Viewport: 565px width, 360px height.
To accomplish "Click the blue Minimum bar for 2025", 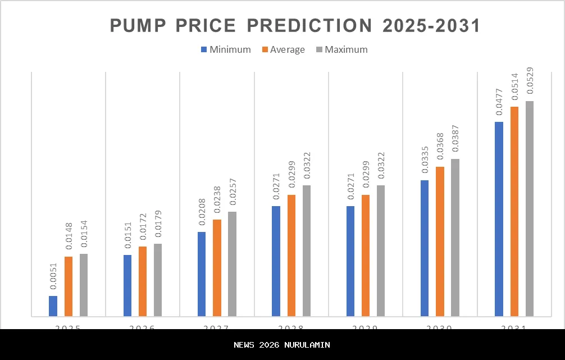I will tap(53, 306).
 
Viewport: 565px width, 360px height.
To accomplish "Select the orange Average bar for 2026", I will tap(143, 281).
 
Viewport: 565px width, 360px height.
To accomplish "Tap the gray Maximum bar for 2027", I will tap(232, 263).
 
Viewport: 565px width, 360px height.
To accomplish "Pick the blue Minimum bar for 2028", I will tap(276, 261).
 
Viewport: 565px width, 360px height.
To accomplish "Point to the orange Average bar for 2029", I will tap(366, 255).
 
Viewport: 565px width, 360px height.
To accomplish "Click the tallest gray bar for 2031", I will tap(529, 208).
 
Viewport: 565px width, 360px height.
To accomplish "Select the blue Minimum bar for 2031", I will tap(499, 218).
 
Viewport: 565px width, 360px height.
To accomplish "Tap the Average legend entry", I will tap(283, 49).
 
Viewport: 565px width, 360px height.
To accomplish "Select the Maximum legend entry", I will tap(341, 49).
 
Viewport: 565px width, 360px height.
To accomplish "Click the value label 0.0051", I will tap(53, 276).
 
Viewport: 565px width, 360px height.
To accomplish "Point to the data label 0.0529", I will tap(530, 81).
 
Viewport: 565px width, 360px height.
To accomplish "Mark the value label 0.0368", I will tap(440, 147).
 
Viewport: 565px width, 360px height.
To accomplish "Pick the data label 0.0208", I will tap(202, 212).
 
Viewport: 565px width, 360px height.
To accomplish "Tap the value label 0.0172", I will tap(143, 227).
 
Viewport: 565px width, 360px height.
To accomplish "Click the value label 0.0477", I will tap(499, 102).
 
